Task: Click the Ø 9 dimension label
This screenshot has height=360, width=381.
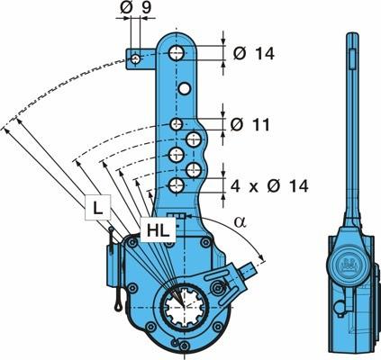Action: point(136,7)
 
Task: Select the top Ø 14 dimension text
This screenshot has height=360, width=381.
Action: point(254,54)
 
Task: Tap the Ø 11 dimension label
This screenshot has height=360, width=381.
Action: point(250,124)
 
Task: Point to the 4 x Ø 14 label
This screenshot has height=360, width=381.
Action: point(269,186)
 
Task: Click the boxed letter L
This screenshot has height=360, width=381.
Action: point(97,207)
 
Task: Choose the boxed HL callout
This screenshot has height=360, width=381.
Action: point(158,229)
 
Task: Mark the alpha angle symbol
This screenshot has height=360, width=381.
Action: point(240,222)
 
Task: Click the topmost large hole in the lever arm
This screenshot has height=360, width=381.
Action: point(176,53)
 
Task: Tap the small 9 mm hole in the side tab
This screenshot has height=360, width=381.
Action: point(135,58)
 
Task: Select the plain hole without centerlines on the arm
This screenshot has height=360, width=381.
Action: point(184,88)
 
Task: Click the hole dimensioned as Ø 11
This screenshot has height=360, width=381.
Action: point(177,124)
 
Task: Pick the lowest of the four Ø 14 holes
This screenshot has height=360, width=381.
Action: point(177,185)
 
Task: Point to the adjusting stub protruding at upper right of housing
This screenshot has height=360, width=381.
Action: point(249,270)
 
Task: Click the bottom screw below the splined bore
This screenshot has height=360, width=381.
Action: point(183,346)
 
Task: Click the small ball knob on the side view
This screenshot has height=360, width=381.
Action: point(340,307)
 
